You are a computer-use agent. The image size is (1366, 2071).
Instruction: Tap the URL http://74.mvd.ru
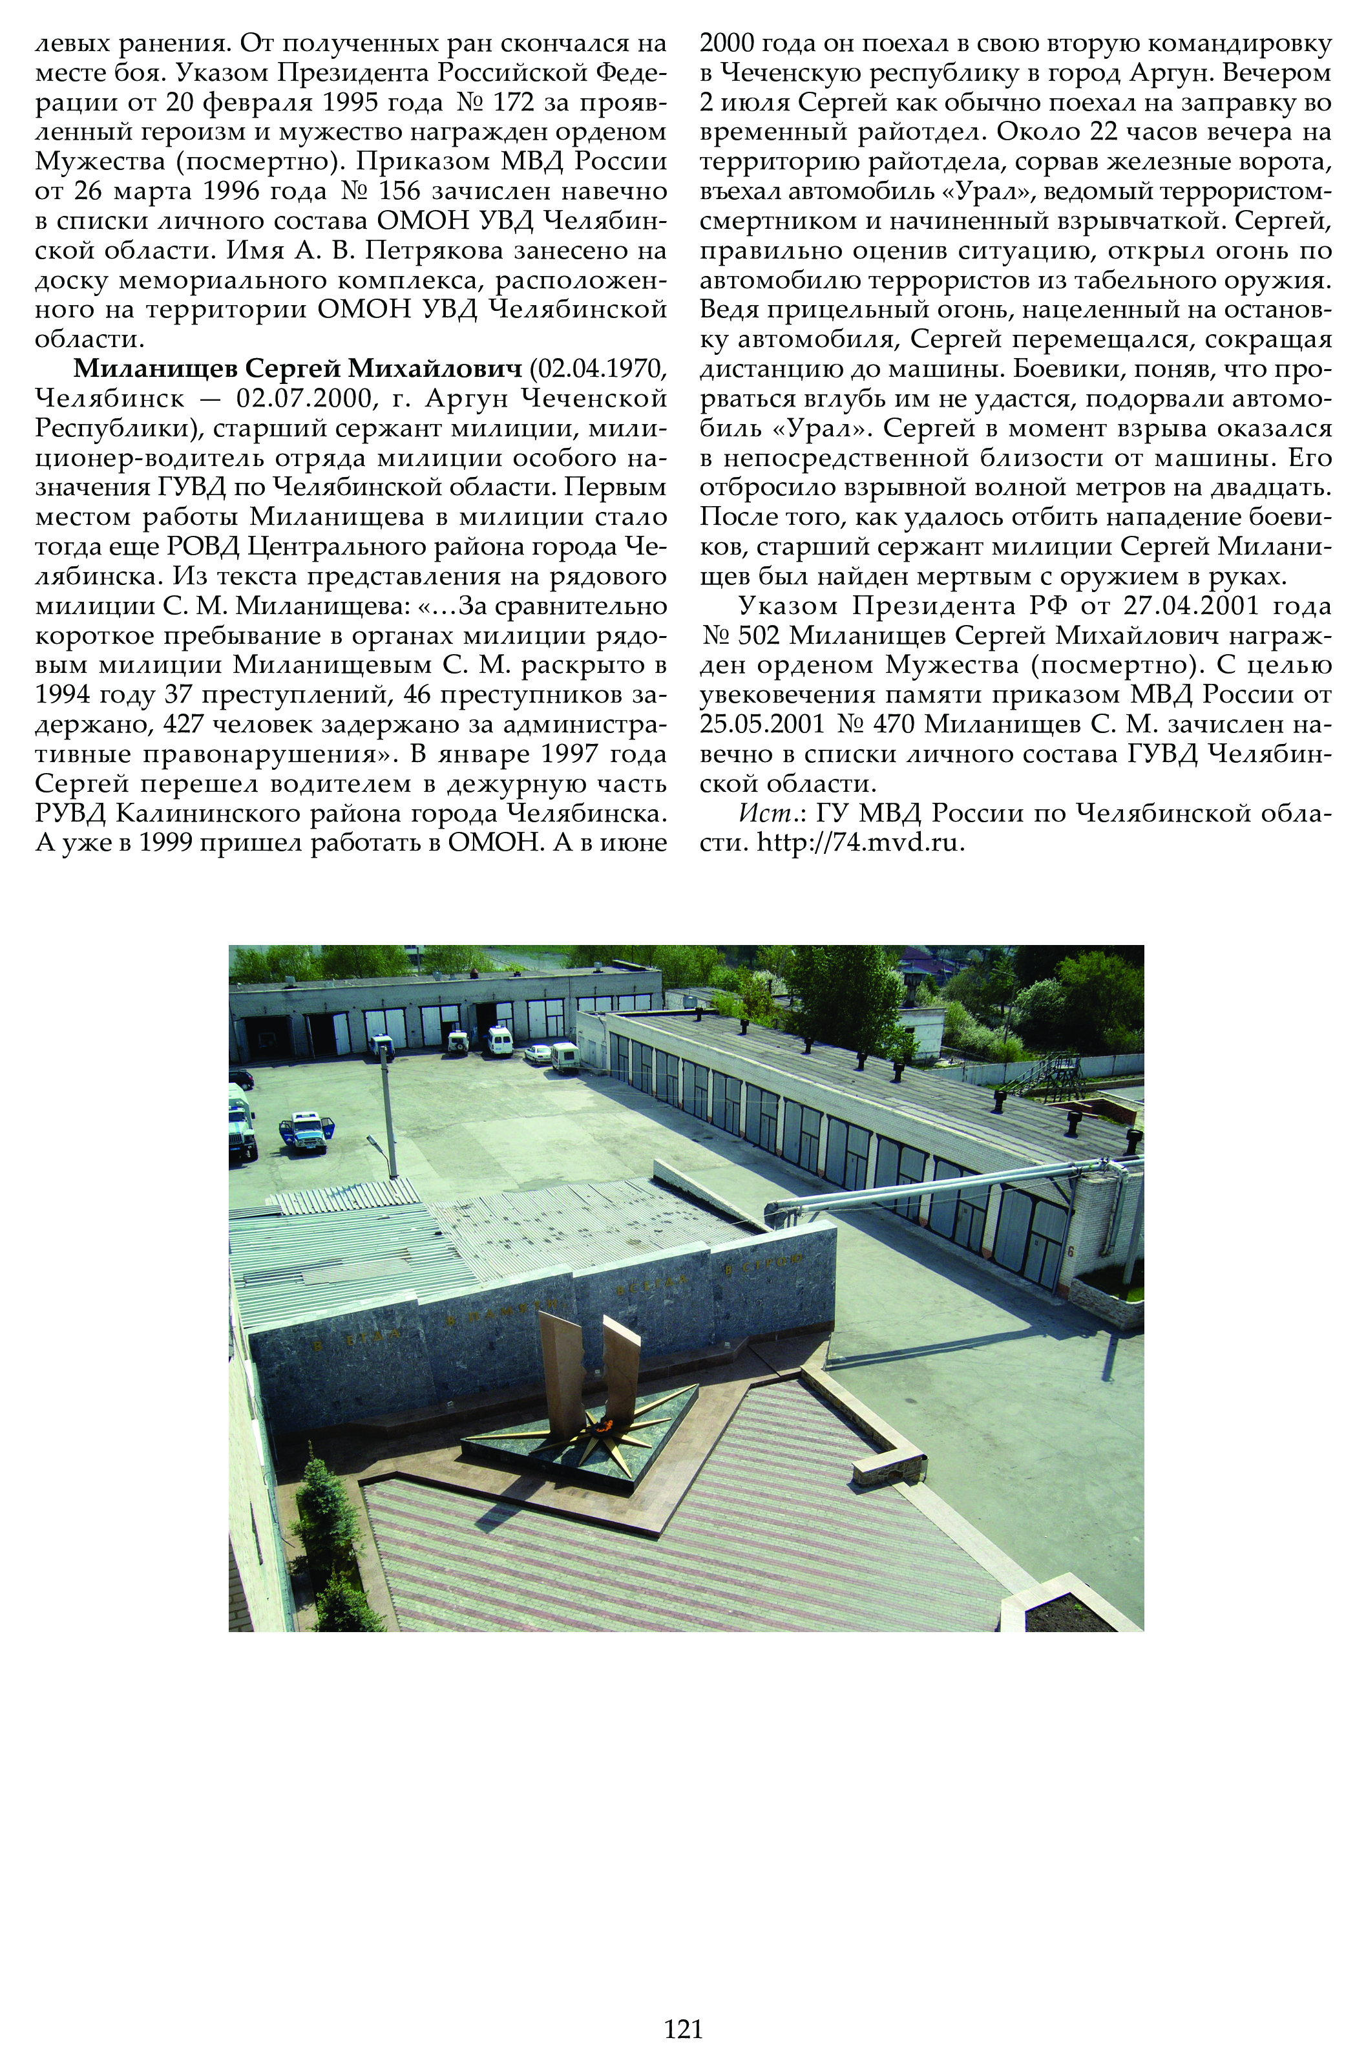pyautogui.click(x=861, y=842)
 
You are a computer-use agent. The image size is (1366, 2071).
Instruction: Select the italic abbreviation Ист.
pyautogui.click(x=761, y=813)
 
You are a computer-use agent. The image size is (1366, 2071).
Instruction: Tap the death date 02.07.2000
pyautogui.click(x=318, y=398)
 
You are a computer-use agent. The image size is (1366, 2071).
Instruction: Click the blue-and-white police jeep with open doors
pyautogui.click(x=306, y=1131)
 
